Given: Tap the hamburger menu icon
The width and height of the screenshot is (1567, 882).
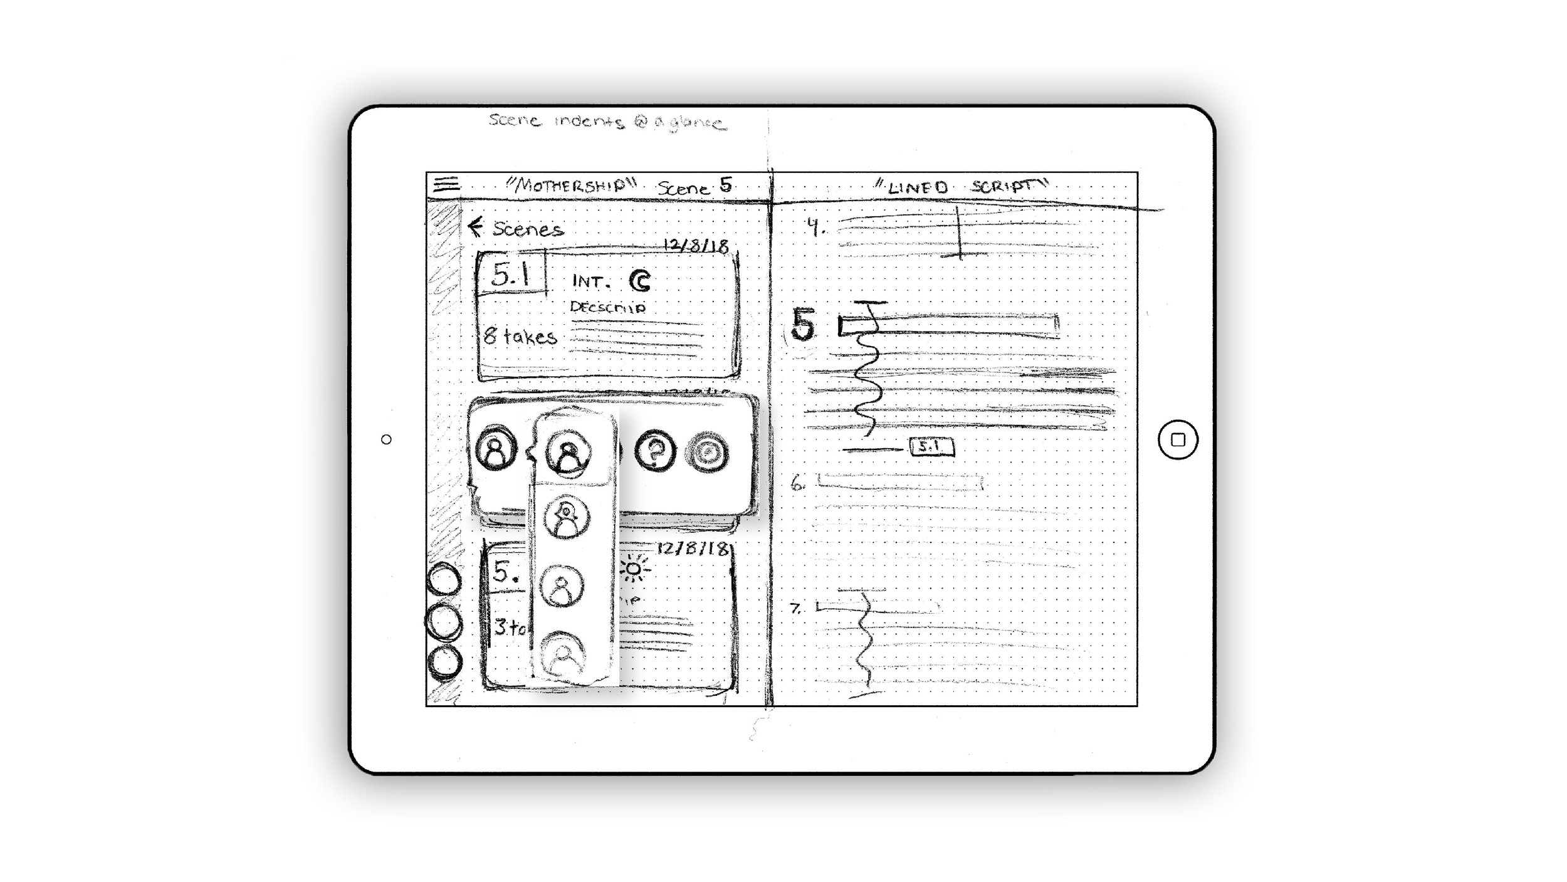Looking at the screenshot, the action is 446,184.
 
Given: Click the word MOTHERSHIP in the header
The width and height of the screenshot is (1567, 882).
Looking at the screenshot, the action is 571,185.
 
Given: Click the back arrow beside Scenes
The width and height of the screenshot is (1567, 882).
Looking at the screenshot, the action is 476,227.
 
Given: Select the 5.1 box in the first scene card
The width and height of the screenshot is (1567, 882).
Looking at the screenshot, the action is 511,274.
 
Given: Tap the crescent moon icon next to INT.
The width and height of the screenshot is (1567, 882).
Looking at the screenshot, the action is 640,282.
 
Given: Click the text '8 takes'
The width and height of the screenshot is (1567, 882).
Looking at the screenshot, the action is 520,337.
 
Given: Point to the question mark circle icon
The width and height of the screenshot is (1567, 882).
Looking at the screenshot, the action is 655,451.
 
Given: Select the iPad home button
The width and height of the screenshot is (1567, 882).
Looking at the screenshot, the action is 1178,440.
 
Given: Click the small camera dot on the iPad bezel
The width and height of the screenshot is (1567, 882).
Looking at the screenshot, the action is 386,440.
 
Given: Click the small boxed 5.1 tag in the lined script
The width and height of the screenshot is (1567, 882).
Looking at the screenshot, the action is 931,447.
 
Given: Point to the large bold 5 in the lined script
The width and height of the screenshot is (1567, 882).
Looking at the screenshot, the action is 803,325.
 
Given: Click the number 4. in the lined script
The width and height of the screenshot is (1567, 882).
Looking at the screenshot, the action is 815,226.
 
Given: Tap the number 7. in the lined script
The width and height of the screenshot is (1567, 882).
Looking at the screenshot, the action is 796,608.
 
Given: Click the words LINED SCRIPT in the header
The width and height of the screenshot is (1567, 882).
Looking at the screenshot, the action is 962,186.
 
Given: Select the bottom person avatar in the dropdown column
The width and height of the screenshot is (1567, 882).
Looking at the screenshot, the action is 563,654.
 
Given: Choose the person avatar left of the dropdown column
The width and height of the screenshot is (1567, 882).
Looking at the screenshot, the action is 496,449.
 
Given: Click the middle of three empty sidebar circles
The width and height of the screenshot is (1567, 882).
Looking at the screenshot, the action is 444,622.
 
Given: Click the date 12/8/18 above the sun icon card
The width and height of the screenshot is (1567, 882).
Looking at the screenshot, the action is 693,549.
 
